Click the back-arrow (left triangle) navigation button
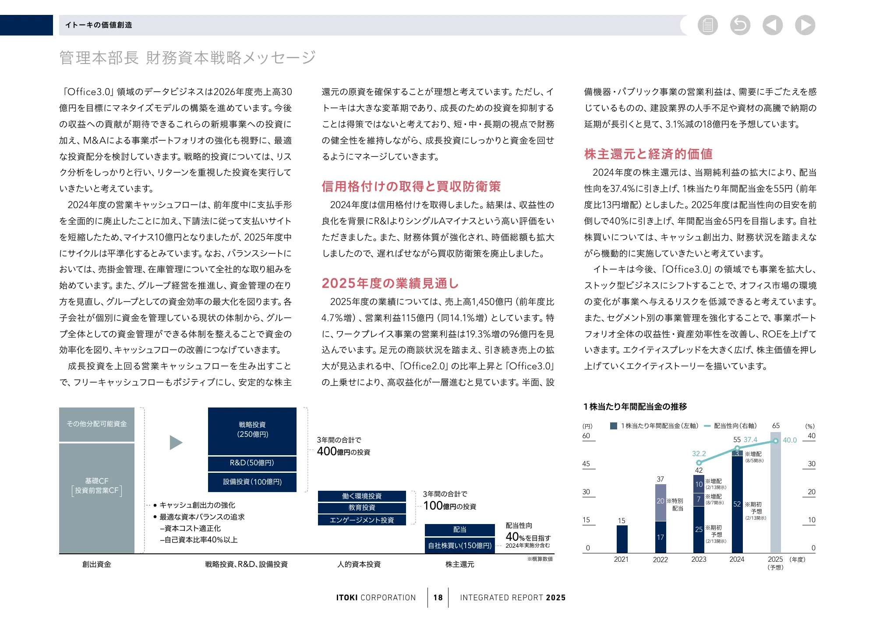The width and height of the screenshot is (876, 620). [772, 25]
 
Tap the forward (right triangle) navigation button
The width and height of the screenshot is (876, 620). [805, 25]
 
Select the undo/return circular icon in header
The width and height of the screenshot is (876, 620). [740, 25]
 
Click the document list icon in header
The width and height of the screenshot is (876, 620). [707, 25]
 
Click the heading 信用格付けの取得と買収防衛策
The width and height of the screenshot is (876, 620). [411, 186]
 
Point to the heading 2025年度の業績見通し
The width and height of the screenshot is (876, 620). [390, 283]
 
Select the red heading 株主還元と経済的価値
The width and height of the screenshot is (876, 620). [648, 154]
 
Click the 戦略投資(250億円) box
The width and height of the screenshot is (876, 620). [252, 431]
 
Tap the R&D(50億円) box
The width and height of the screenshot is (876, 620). [252, 463]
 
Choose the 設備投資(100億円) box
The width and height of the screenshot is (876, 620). [252, 482]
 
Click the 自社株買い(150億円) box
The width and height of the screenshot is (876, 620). [460, 546]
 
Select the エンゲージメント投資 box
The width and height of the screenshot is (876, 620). [362, 520]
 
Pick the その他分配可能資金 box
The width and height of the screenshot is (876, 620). [97, 424]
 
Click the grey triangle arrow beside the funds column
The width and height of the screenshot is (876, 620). [176, 443]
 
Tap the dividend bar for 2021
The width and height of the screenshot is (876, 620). [622, 539]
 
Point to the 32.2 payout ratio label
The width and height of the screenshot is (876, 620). [699, 453]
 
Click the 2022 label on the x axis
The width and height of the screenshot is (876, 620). [660, 560]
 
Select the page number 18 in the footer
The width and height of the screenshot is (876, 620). [438, 598]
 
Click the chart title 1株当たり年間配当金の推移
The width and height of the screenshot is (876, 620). [635, 407]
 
